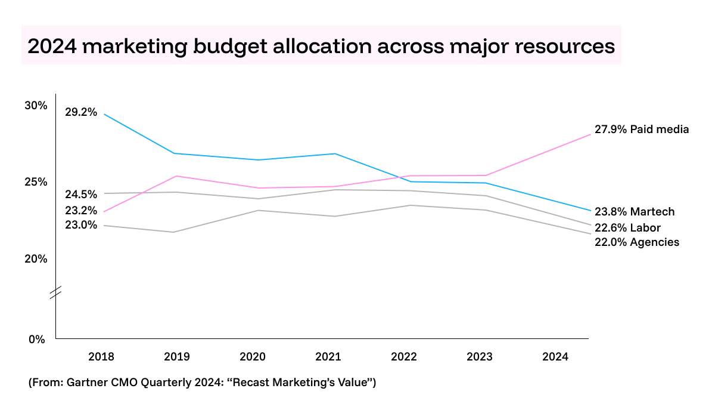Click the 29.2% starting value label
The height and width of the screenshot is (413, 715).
pos(80,112)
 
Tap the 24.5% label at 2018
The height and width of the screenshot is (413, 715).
pos(80,194)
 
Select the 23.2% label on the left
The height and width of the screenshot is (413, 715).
pos(80,210)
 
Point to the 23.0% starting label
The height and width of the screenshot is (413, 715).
pos(80,225)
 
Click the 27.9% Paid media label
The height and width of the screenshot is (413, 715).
pos(641,129)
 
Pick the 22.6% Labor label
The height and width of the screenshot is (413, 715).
pos(627,227)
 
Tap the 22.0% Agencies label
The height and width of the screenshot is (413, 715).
pos(636,242)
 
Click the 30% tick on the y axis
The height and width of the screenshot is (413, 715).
pos(35,106)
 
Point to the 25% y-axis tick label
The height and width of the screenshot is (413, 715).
pos(35,182)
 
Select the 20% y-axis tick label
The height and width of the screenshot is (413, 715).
pos(35,258)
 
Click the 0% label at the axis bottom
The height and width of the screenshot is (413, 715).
pos(37,339)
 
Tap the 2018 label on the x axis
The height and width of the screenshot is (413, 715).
pos(101,357)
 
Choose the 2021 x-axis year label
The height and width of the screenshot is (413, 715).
pos(328,357)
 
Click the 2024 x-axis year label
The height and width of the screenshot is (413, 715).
pos(555,357)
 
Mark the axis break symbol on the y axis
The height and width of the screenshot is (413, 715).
pos(55,292)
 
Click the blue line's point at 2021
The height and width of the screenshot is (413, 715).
pos(336,153)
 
